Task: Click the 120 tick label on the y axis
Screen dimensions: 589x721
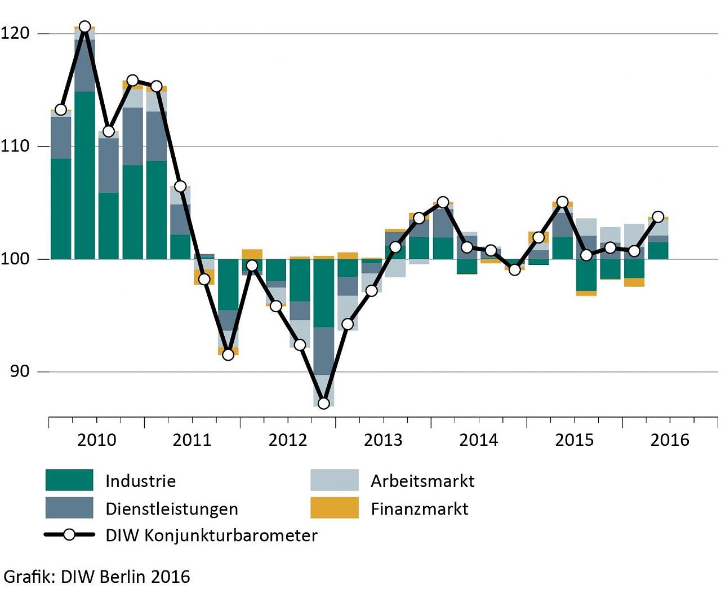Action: point(15,33)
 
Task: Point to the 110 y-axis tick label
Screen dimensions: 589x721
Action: point(15,146)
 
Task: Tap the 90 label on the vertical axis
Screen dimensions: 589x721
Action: point(20,371)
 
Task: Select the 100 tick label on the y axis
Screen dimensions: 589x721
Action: point(15,259)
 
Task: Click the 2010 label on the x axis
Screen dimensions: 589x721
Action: point(96,440)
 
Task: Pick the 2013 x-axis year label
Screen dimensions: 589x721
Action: point(383,440)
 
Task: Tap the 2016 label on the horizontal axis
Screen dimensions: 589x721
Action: point(670,440)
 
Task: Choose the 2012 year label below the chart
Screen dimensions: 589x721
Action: point(288,440)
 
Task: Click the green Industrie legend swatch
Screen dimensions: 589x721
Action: point(69,480)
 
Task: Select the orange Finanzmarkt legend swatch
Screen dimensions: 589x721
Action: point(335,508)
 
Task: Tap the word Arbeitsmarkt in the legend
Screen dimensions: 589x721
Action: point(422,481)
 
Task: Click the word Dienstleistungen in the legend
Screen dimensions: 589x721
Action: point(172,509)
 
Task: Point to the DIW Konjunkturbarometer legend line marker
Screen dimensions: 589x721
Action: point(69,534)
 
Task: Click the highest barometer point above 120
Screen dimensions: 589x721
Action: point(84,26)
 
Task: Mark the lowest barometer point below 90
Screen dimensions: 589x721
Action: point(323,403)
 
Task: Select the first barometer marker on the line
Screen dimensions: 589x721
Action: point(61,109)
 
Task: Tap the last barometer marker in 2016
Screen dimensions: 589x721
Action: point(658,217)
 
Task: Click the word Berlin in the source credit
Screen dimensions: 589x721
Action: point(123,577)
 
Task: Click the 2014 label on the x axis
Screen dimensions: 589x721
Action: point(479,440)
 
